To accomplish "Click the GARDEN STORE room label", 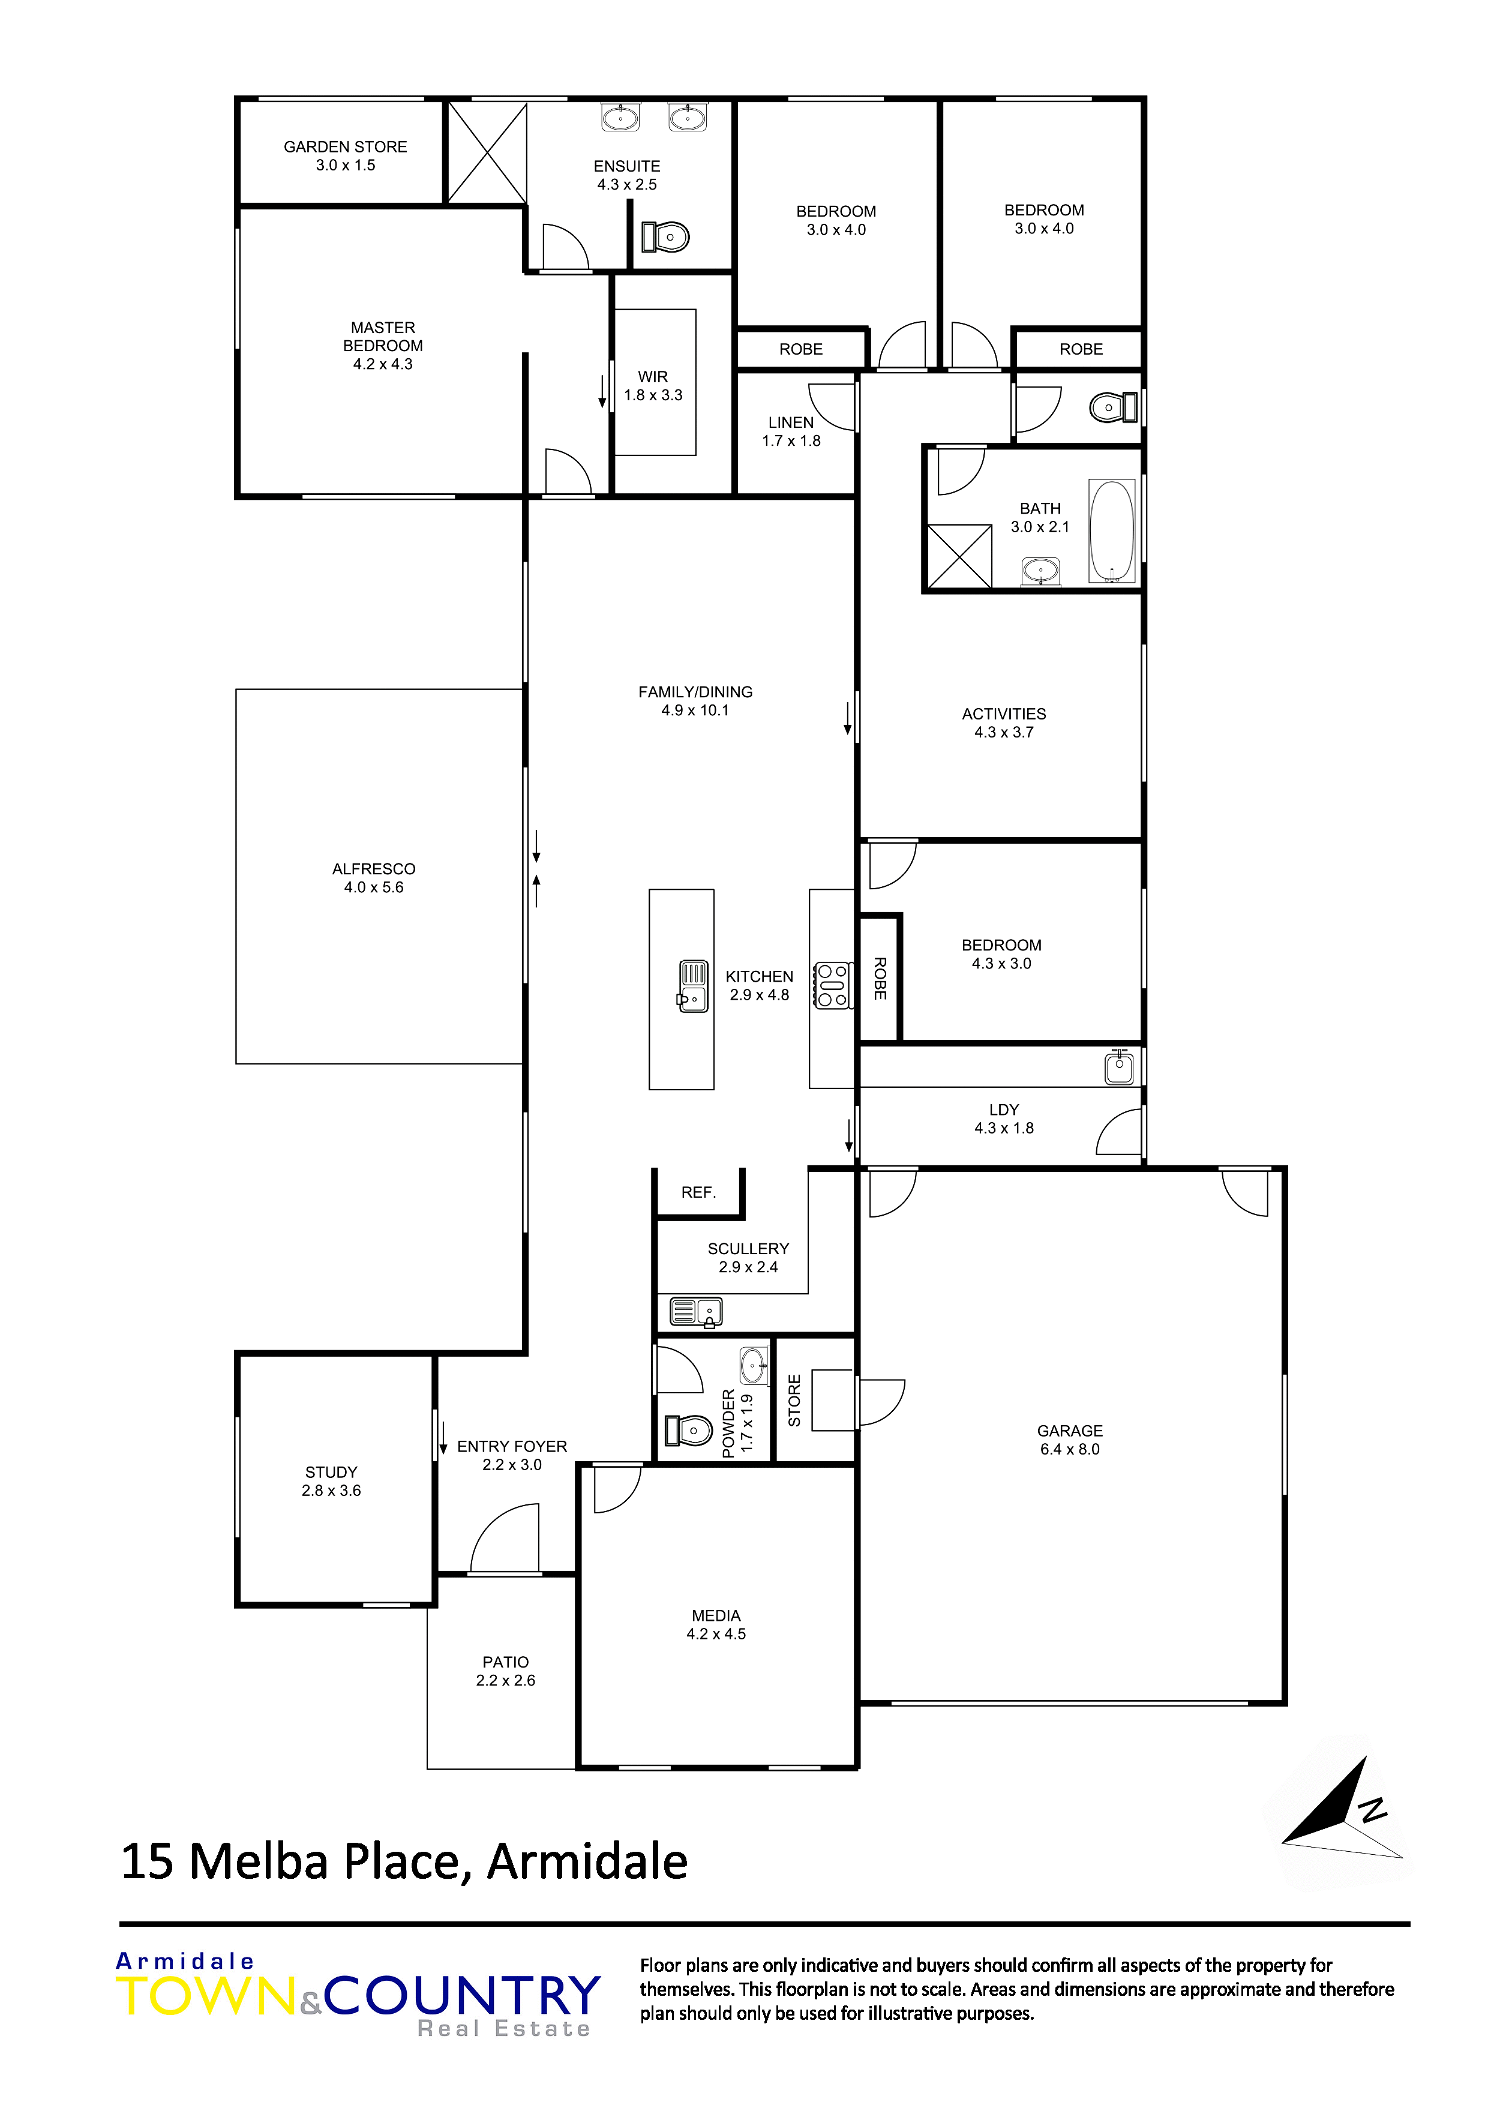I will point(345,146).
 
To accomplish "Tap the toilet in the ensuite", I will point(667,236).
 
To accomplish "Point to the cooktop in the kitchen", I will point(832,985).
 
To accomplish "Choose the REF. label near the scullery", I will point(698,1193).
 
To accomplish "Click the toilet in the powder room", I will point(689,1429).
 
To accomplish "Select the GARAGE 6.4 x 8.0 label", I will point(1069,1440).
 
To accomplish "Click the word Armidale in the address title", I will point(587,1862).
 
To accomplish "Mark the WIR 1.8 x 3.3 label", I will point(653,386).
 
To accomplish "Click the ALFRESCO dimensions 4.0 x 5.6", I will point(373,887).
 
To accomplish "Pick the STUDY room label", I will point(331,1473).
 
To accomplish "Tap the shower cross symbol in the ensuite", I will point(487,152).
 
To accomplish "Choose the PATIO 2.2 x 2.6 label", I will point(505,1671).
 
